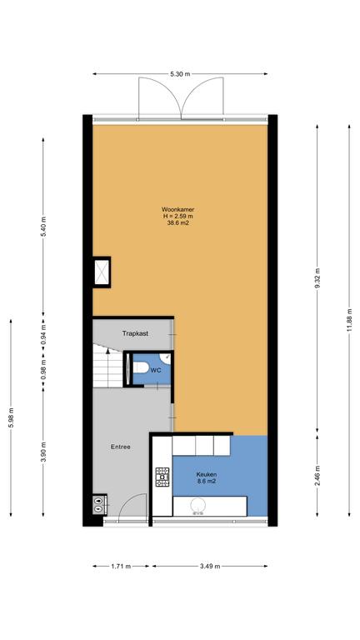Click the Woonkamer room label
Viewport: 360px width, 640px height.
click(177, 210)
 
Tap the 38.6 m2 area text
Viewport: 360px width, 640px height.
click(177, 223)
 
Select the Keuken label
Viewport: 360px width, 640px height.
click(206, 475)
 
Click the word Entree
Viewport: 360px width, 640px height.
click(120, 447)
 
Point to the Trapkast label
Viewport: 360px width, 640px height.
click(135, 333)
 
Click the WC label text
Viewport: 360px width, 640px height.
click(155, 371)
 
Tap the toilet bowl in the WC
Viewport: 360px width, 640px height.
click(140, 367)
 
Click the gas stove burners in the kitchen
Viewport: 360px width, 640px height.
click(162, 477)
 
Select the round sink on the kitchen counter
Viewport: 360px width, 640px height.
click(199, 505)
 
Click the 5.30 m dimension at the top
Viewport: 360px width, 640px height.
click(180, 74)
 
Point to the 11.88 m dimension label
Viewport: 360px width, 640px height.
click(349, 320)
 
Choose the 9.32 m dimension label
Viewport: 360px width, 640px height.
click(317, 279)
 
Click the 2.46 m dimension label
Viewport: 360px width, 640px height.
click(317, 476)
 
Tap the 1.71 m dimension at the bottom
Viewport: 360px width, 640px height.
click(120, 566)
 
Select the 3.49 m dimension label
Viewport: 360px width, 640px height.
click(210, 566)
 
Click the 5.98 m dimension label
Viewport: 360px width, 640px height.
click(11, 418)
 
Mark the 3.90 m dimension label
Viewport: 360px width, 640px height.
click(42, 452)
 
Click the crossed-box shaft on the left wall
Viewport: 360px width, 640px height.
click(101, 272)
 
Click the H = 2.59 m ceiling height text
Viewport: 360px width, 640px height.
click(177, 217)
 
